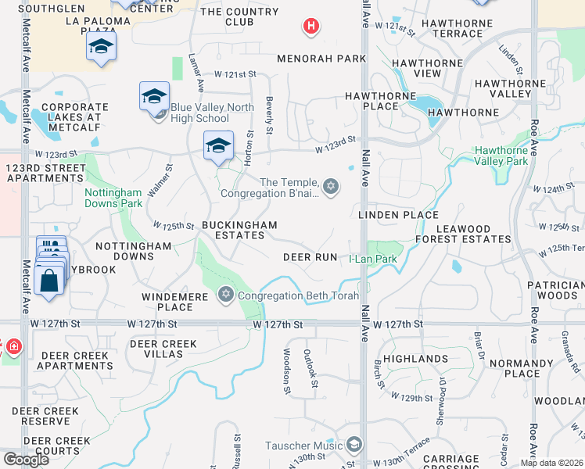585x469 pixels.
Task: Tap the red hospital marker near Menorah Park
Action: tap(310, 27)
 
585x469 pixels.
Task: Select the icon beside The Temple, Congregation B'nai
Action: tap(331, 186)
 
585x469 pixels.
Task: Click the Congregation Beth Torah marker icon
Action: tap(226, 295)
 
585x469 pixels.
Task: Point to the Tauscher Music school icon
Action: tap(354, 445)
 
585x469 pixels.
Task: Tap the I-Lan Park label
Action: tap(373, 259)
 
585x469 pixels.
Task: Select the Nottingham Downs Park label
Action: tap(113, 198)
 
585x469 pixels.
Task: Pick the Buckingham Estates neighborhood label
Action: tap(239, 231)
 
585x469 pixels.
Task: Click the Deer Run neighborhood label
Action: tap(310, 257)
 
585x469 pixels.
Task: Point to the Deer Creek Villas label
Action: tap(163, 349)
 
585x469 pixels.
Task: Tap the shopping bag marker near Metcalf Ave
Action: tap(48, 281)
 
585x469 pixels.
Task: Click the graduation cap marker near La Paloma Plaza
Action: tap(101, 47)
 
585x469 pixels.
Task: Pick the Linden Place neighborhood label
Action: tap(398, 215)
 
